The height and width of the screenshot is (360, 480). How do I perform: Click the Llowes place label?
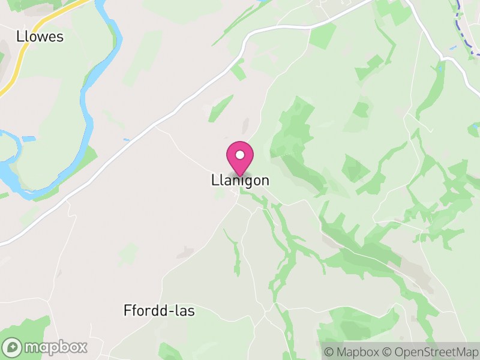(40, 37)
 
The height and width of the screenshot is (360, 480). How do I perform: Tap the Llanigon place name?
(240, 180)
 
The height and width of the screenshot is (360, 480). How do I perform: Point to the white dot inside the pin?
(240, 155)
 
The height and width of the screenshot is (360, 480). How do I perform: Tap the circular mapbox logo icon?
(13, 347)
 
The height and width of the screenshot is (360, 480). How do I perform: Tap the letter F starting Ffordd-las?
(126, 311)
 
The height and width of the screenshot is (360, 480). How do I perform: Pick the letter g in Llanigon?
(247, 181)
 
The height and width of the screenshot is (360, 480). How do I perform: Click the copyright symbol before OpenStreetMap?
(388, 351)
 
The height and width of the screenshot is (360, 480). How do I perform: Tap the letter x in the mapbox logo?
(82, 347)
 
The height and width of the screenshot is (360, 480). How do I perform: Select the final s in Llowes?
(59, 37)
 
